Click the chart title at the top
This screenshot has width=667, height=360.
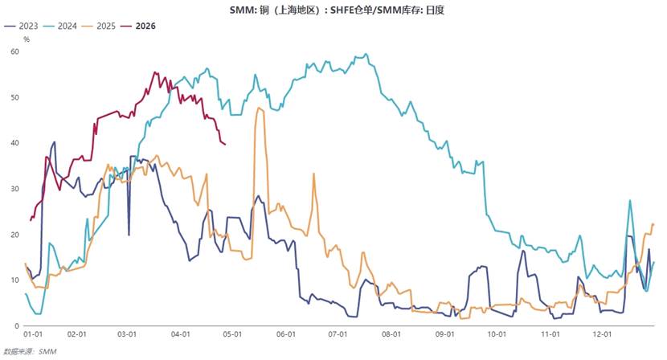click(x=333, y=10)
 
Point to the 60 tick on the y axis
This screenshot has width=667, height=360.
click(x=14, y=51)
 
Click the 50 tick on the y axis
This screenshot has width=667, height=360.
click(x=14, y=97)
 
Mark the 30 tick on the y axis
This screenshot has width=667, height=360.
click(x=14, y=189)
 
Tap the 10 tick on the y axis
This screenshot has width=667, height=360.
click(x=14, y=280)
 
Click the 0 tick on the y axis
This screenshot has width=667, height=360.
click(x=17, y=325)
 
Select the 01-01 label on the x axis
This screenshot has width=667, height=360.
click(x=32, y=334)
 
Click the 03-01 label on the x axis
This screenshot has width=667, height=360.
click(x=127, y=334)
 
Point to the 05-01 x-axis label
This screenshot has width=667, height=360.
click(x=232, y=334)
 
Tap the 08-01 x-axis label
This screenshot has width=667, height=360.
click(x=391, y=334)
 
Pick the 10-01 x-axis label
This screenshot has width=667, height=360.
click(x=496, y=334)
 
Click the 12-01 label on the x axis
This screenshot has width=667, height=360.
click(x=601, y=334)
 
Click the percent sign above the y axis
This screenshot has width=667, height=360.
click(x=27, y=39)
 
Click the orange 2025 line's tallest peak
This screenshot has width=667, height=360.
click(x=259, y=108)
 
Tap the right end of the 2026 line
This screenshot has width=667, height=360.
click(x=225, y=144)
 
